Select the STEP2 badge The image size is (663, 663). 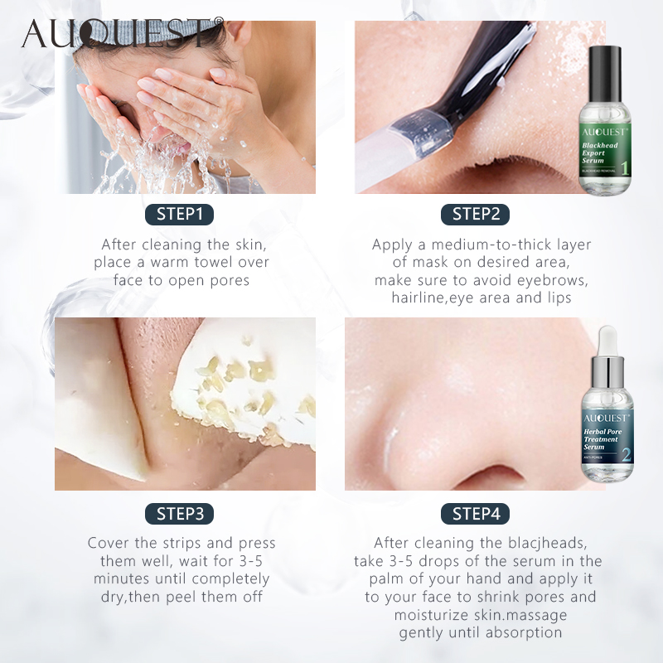[x=476, y=215]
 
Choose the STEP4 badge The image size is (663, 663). [x=476, y=513]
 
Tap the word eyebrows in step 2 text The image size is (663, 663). [x=558, y=281]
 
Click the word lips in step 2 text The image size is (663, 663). [x=558, y=298]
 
